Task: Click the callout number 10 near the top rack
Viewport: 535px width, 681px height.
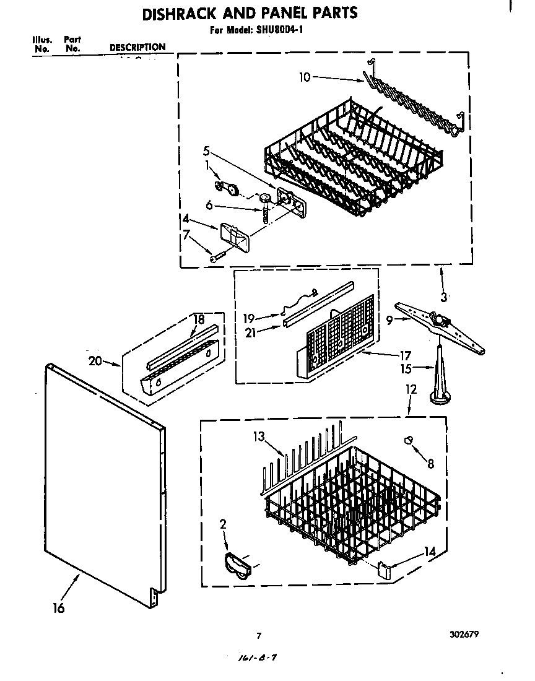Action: click(x=304, y=77)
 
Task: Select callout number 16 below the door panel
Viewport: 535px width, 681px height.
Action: click(x=58, y=608)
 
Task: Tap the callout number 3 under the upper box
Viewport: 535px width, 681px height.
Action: click(x=443, y=297)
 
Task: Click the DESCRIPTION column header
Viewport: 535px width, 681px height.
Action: click(x=137, y=47)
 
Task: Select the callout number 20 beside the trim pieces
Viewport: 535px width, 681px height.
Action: click(x=95, y=361)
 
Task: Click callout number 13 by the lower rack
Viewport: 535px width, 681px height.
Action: click(x=258, y=437)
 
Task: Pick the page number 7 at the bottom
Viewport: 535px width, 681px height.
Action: click(x=259, y=635)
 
